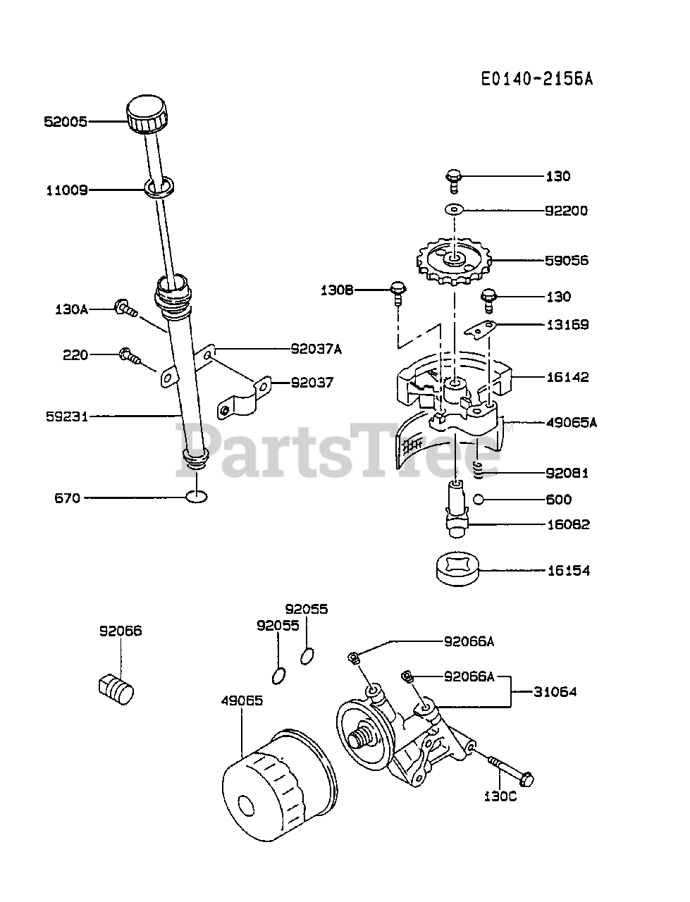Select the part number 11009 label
click(x=67, y=190)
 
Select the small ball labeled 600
click(x=479, y=500)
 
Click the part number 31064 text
click(x=555, y=692)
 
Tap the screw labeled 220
click(x=130, y=355)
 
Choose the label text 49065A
click(x=572, y=423)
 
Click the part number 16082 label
click(x=569, y=524)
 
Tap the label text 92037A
click(x=316, y=348)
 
